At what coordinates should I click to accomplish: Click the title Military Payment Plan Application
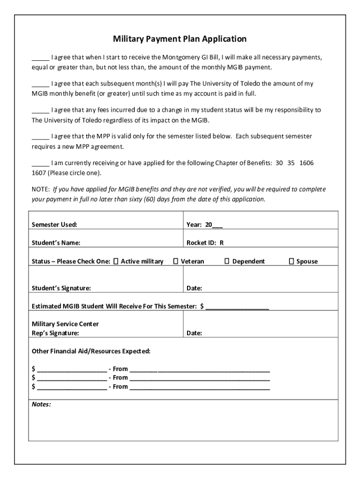180,39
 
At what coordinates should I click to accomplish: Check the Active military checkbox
116,261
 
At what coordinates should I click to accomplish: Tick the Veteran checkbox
176,261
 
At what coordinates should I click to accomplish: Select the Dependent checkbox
227,261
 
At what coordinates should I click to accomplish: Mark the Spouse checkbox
291,261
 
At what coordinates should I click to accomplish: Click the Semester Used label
54,225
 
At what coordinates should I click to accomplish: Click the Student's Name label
56,243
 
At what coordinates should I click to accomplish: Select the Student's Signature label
61,288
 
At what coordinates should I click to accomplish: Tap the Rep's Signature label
55,333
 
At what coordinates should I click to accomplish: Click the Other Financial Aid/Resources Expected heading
91,351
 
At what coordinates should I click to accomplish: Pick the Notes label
41,404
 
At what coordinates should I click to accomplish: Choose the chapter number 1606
307,163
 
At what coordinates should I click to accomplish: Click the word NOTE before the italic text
40,189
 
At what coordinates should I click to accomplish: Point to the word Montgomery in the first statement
181,58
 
